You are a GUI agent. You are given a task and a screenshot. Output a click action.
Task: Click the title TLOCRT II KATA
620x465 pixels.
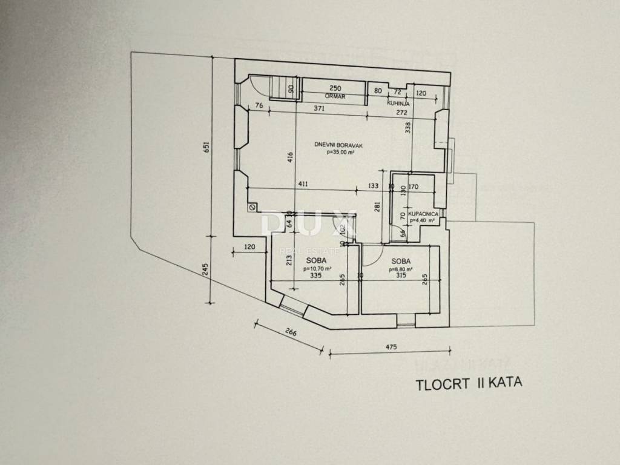point(468,383)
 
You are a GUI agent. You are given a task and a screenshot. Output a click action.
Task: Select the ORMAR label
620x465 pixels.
point(334,95)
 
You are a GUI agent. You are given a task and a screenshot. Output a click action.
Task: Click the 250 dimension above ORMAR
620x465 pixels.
point(335,88)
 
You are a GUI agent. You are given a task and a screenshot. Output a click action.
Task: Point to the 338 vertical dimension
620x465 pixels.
point(408,128)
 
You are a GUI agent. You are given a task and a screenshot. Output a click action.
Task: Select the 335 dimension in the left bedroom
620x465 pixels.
point(314,275)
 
